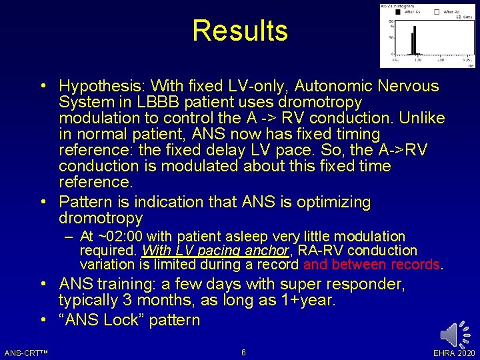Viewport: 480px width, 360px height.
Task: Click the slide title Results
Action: coord(240,31)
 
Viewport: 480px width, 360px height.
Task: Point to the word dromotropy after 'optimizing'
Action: coord(100,219)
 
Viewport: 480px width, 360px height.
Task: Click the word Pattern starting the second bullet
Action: coord(83,202)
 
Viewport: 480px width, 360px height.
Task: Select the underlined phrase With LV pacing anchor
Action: coord(215,251)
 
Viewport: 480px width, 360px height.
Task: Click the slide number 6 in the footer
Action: coord(243,352)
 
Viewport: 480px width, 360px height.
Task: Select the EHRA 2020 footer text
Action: coord(454,352)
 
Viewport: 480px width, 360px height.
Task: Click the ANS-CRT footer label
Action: coord(24,352)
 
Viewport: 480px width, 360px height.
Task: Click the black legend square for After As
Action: coord(398,11)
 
